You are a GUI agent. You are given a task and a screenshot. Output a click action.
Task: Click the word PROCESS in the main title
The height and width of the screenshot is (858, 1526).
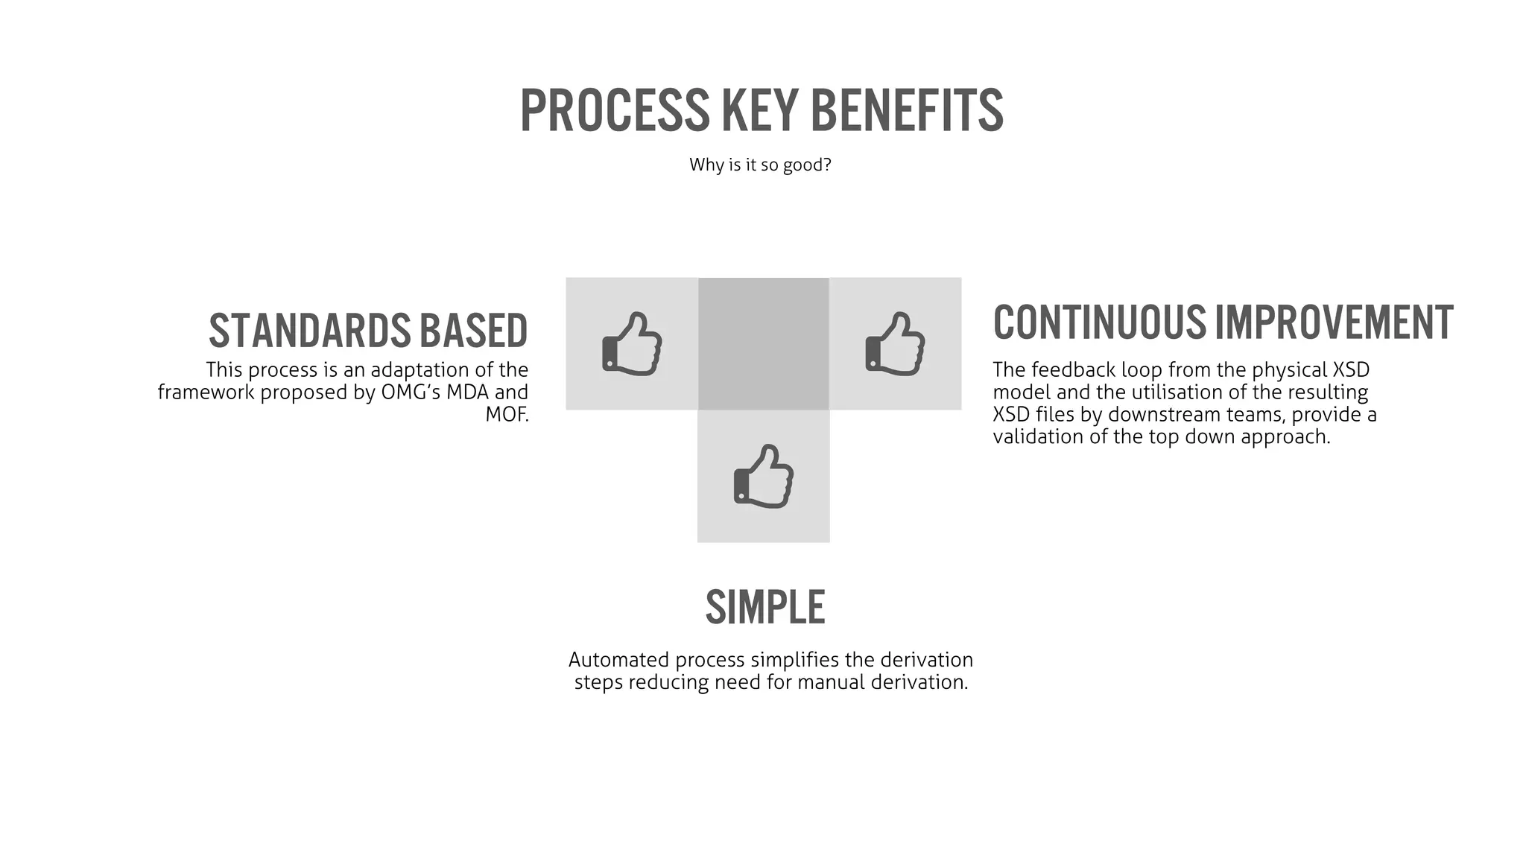pos(615,111)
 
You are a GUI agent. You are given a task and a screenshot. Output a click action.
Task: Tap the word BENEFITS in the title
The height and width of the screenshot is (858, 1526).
pos(906,111)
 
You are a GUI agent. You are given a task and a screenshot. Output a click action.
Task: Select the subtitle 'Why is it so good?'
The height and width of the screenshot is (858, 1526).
pos(760,165)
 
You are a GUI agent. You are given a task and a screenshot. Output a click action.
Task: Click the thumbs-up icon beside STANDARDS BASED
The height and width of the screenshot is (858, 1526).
pos(632,344)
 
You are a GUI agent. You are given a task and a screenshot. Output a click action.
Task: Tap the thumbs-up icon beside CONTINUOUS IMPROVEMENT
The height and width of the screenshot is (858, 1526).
pos(895,344)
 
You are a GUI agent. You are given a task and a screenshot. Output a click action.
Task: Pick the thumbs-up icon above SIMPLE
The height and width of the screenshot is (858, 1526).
pos(764,477)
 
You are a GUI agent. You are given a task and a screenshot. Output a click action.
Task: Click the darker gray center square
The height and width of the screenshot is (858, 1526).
pos(764,344)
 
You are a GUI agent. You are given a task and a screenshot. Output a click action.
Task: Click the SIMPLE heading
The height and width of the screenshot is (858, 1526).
pos(765,608)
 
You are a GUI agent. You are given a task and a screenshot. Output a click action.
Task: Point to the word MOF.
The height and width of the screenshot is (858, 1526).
pos(507,414)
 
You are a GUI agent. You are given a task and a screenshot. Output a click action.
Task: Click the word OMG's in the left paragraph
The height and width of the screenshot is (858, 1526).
pos(411,393)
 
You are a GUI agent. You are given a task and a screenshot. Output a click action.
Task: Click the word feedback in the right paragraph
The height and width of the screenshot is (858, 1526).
pos(1074,370)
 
